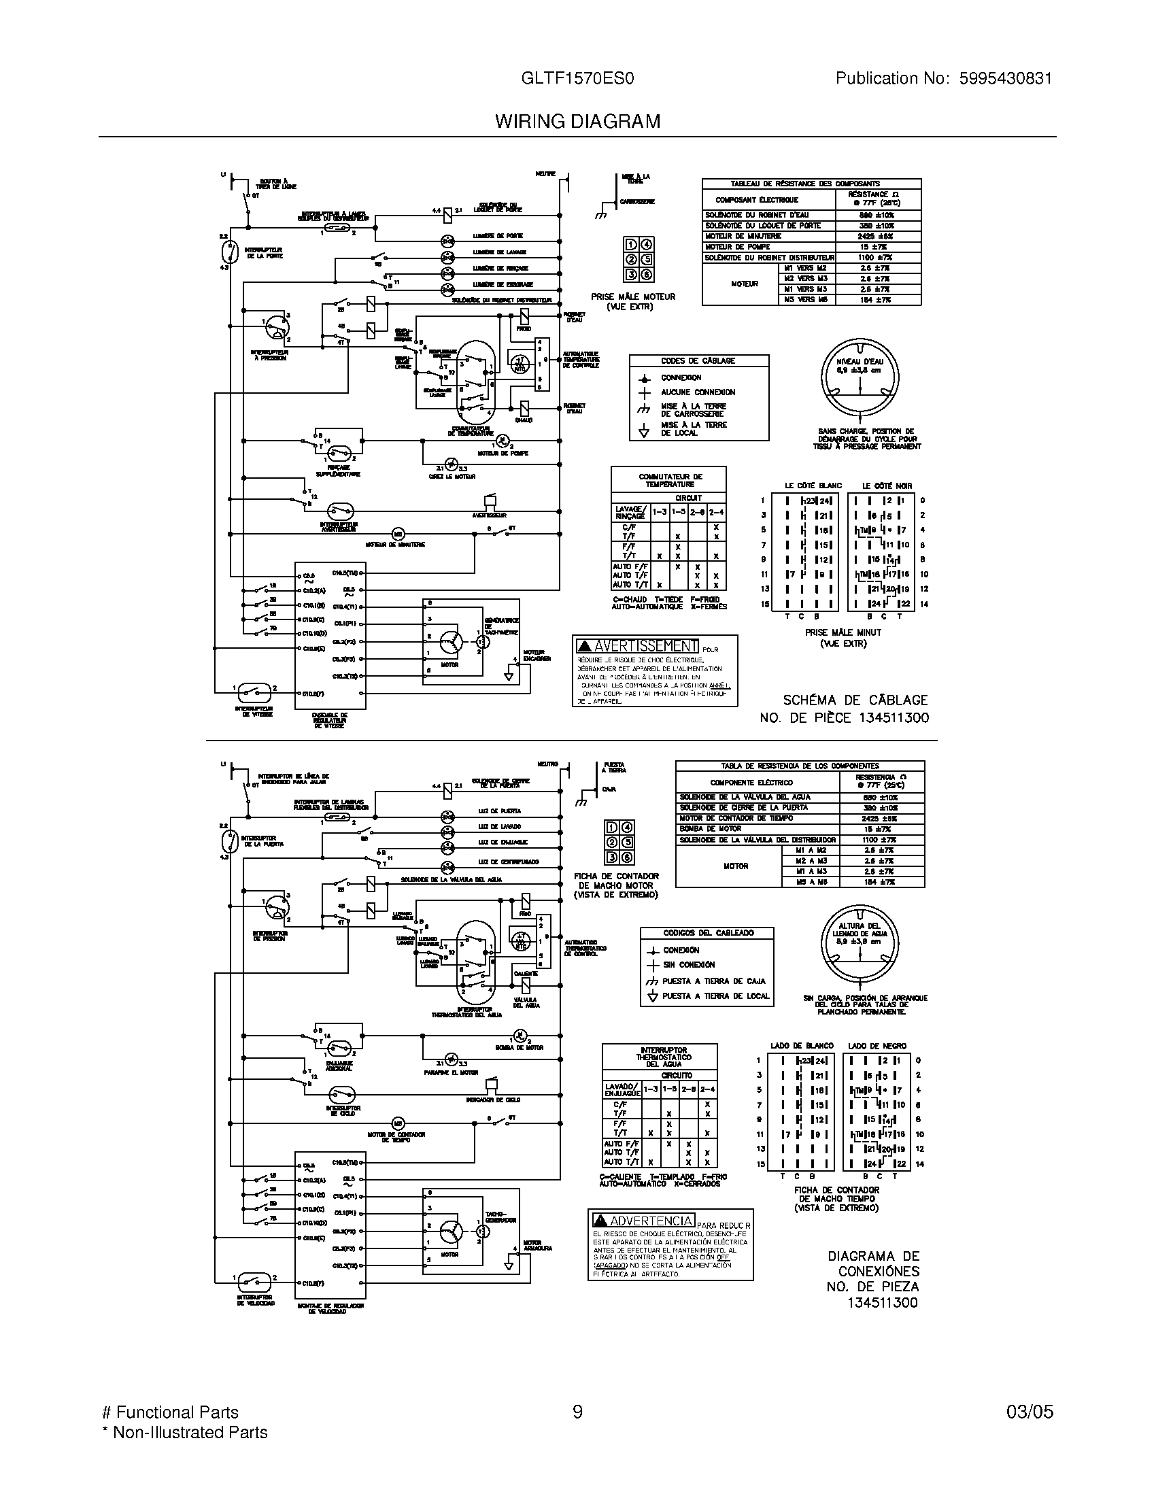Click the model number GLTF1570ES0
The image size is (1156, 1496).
click(577, 79)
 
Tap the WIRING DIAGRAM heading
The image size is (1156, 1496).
click(577, 122)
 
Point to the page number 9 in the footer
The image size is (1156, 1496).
click(577, 1412)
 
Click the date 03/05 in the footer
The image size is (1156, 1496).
click(1030, 1412)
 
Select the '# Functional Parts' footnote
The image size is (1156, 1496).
click(170, 1412)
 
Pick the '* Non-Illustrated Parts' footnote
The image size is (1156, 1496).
click(184, 1432)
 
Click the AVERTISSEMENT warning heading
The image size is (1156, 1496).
click(638, 646)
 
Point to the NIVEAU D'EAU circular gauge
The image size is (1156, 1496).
click(860, 378)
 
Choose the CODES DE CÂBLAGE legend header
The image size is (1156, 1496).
click(698, 361)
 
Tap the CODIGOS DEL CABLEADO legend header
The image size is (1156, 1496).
click(707, 933)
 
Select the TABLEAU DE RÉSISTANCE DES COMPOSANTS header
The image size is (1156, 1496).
click(811, 184)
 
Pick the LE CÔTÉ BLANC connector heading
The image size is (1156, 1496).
click(813, 486)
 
